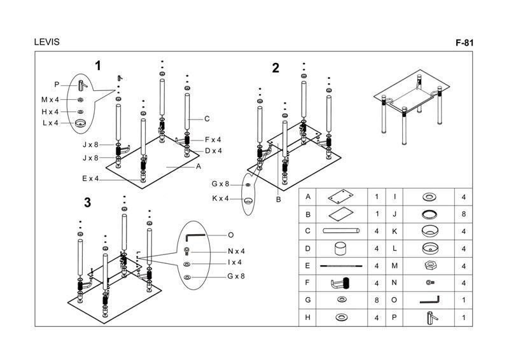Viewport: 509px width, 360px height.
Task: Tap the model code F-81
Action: (x=466, y=43)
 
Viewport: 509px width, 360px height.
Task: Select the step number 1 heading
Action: (x=98, y=65)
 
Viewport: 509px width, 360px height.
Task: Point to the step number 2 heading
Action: (x=275, y=68)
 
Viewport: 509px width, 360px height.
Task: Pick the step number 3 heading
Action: (x=88, y=203)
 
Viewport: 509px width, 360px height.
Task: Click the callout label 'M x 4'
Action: (x=50, y=100)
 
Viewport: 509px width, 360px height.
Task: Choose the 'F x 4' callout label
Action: (x=213, y=139)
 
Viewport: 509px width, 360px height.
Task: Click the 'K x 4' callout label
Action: (x=220, y=198)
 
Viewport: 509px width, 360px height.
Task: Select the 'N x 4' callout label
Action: (x=236, y=251)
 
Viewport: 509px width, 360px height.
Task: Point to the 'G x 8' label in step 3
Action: (x=236, y=276)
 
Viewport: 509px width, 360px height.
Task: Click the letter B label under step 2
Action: (x=278, y=200)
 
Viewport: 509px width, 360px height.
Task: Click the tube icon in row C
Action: (x=342, y=231)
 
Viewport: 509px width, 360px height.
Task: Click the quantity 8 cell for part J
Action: (x=464, y=214)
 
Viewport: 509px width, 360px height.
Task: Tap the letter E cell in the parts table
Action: (x=308, y=266)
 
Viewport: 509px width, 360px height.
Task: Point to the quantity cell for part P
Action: (x=464, y=317)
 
